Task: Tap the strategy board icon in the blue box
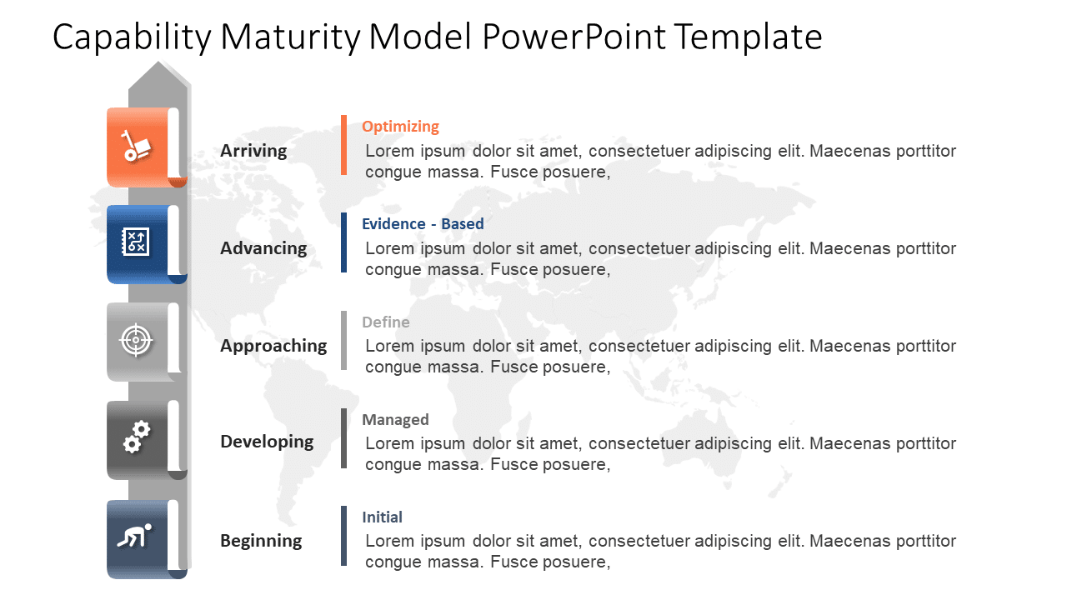[136, 242]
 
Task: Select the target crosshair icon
[136, 340]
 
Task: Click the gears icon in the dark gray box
[136, 437]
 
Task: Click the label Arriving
[253, 151]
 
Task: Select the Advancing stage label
[263, 248]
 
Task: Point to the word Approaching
[273, 346]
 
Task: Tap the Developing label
[267, 442]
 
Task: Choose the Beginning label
[261, 541]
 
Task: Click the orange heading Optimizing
[400, 127]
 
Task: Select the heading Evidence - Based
[423, 224]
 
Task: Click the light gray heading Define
[385, 322]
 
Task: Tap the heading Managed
[395, 420]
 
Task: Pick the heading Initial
[382, 517]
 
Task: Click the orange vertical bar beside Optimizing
[343, 145]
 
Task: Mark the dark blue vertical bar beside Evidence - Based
[343, 242]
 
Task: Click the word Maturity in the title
[297, 37]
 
